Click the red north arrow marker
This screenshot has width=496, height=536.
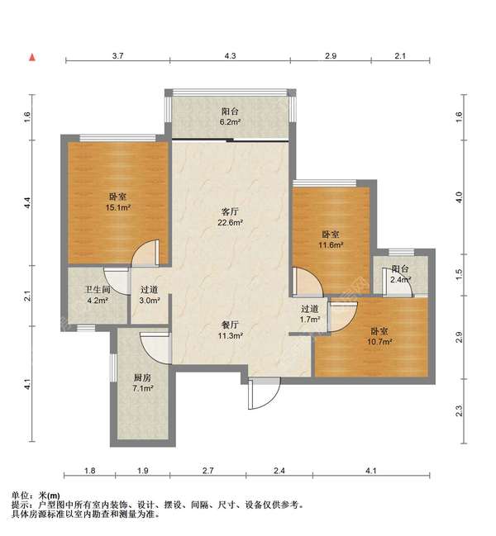pyautogui.click(x=32, y=57)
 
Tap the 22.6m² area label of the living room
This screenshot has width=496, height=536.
pyautogui.click(x=231, y=223)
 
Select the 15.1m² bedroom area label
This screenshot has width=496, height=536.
pyautogui.click(x=118, y=207)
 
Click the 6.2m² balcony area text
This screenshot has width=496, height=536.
pyautogui.click(x=231, y=121)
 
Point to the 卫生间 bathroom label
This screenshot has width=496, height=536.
pyautogui.click(x=98, y=290)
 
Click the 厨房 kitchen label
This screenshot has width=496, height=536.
pyautogui.click(x=142, y=377)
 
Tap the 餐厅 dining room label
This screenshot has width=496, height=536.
pyautogui.click(x=231, y=325)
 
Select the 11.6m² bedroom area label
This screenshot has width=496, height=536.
pyautogui.click(x=331, y=245)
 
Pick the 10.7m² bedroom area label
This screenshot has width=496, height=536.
pyautogui.click(x=379, y=341)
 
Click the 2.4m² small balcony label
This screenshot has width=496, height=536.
pyautogui.click(x=401, y=280)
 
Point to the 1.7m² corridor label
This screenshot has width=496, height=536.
pyautogui.click(x=310, y=320)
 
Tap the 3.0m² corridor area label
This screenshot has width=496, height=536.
pyautogui.click(x=150, y=301)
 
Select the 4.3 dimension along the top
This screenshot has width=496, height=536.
pyautogui.click(x=230, y=55)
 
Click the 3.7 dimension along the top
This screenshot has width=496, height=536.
pyautogui.click(x=117, y=55)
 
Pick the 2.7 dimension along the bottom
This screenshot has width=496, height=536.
pyautogui.click(x=207, y=471)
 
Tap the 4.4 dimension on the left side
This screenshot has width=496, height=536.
pyautogui.click(x=28, y=203)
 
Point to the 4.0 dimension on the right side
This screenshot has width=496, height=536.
pyautogui.click(x=460, y=197)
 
